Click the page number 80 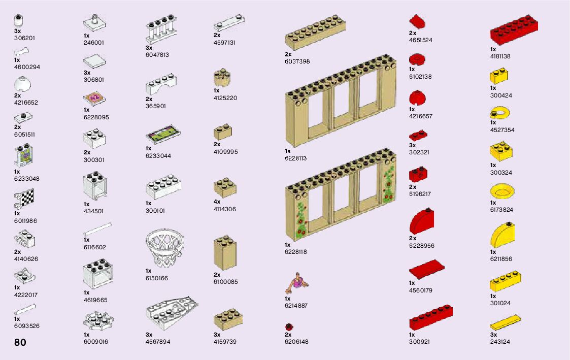[20, 342]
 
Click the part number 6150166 [157, 278]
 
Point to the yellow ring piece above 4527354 [499, 113]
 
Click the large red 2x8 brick [514, 29]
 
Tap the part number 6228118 [296, 252]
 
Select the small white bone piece [21, 51]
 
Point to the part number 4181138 [500, 56]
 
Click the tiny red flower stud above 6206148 [289, 326]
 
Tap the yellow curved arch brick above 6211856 [502, 235]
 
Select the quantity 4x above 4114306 [217, 202]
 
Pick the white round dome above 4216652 [22, 84]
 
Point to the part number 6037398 [297, 61]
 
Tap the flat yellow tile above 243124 [506, 322]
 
